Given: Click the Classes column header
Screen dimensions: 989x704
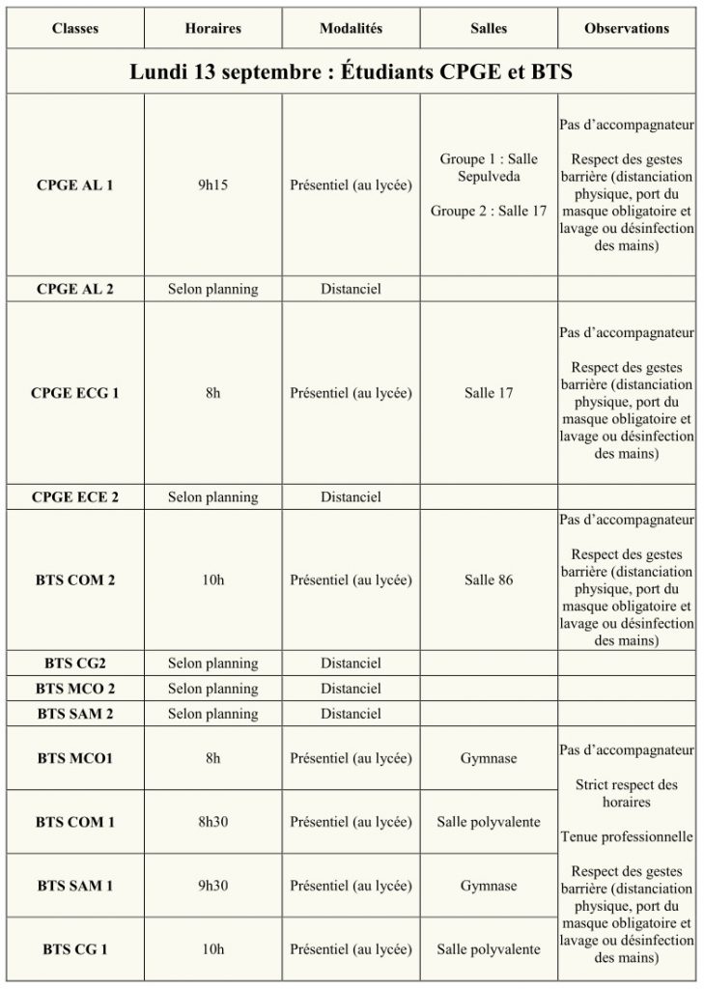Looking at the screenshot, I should click(74, 29).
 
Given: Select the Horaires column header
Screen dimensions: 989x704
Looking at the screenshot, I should click(212, 29).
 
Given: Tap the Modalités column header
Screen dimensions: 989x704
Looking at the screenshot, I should click(351, 29).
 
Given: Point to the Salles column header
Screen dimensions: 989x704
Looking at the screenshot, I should click(489, 29).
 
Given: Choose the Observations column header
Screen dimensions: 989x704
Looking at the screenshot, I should click(626, 29).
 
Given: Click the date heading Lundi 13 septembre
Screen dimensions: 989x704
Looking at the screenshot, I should click(352, 72).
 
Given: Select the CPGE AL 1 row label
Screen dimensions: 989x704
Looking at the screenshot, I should click(74, 184).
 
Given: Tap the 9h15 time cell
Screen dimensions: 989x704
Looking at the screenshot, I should click(212, 184).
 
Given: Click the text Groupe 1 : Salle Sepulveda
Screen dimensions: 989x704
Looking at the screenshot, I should click(489, 167).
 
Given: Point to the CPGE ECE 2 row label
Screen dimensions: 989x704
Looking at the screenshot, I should click(74, 497).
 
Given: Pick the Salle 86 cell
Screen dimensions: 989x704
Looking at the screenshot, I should click(489, 580).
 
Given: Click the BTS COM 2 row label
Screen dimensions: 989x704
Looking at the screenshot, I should click(74, 580).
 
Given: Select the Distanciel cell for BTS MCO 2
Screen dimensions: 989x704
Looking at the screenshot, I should click(351, 689).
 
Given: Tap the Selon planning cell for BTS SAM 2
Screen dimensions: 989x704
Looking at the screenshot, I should click(212, 714).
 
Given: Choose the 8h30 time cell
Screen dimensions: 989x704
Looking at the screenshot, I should click(212, 822).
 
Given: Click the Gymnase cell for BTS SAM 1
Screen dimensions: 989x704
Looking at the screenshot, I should click(489, 886).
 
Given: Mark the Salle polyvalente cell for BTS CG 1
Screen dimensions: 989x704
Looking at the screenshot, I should click(489, 949).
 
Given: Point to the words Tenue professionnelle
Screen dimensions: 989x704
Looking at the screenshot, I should click(626, 836).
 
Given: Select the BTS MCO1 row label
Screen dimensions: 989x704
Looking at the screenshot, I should click(74, 758).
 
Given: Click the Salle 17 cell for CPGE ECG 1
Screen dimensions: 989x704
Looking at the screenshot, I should click(489, 393).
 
